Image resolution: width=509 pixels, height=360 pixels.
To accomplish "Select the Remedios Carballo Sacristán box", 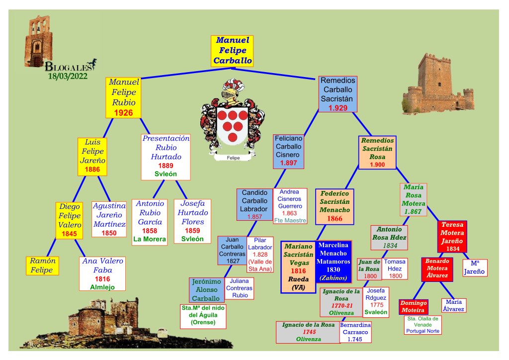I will (x=338, y=94).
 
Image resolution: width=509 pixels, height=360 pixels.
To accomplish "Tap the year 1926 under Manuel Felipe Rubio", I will (x=123, y=113).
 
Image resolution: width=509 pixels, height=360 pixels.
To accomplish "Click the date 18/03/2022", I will (x=68, y=76).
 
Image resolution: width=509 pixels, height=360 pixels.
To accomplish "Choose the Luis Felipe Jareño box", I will (x=92, y=156).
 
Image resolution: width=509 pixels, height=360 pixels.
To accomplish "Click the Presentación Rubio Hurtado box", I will (x=166, y=156).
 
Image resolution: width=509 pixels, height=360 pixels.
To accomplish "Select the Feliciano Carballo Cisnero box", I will (x=288, y=151).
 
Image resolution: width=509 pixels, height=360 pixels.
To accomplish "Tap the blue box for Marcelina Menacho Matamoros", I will (x=333, y=261).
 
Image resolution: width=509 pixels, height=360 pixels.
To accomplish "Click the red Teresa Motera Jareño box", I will (x=452, y=236).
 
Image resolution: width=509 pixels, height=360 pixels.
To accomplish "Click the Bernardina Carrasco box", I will (x=355, y=332).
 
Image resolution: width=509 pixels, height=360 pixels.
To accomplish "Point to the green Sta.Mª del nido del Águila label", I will (x=203, y=315).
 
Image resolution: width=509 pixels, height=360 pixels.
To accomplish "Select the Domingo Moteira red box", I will (x=414, y=307).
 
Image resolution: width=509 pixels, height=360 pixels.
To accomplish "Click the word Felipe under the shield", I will (x=233, y=158).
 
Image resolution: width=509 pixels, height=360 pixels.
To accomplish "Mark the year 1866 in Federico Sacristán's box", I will (x=335, y=219).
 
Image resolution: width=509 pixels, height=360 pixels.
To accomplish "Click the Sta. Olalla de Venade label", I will (x=423, y=325).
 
